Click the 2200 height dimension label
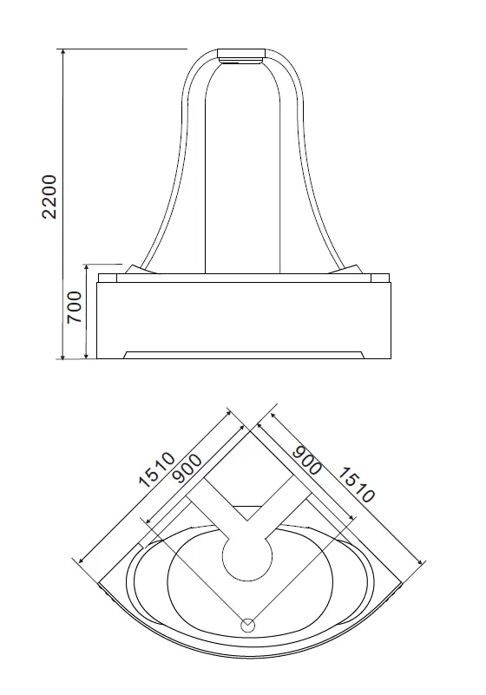49,196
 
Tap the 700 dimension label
74,307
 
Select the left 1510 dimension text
157,469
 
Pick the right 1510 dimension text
356,485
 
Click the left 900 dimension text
187,469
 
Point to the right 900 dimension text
307,461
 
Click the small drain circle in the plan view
247,626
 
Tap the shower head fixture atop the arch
241,56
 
